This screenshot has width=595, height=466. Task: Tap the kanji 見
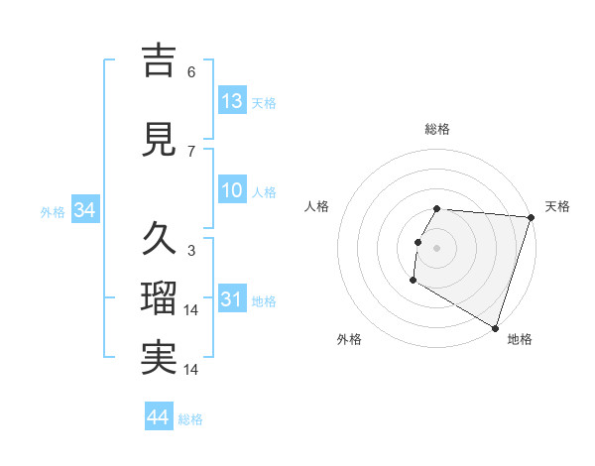point(159,139)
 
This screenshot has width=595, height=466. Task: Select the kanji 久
point(159,238)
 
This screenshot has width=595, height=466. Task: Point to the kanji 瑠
point(159,297)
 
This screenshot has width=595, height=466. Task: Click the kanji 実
point(159,358)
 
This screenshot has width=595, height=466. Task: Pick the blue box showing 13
point(232,100)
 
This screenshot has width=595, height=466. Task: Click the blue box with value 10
point(232,190)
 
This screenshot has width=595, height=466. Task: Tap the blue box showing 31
point(232,298)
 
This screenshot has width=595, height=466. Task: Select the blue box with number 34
point(84,209)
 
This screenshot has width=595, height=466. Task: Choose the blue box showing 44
point(159,417)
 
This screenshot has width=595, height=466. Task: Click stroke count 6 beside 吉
point(191,71)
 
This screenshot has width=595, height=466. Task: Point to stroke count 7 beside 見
point(191,151)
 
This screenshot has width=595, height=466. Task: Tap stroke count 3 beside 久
point(191,250)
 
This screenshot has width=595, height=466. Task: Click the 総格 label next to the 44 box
point(190,419)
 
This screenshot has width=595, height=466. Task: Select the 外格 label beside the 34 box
point(53,211)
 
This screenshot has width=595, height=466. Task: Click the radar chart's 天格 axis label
point(557,206)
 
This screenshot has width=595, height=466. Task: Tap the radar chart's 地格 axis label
point(520,340)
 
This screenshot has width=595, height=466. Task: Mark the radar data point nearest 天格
point(531,217)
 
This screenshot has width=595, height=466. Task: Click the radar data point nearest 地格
point(495,327)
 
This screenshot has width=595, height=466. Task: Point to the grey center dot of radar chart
point(436,248)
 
